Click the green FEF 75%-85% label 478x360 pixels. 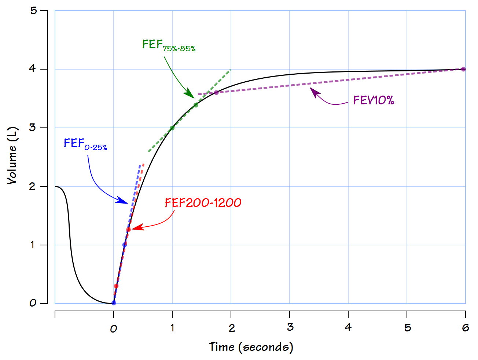tap(169, 45)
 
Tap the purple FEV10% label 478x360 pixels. tap(373, 100)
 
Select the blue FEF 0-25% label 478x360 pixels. tap(85, 144)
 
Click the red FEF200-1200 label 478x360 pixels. tap(203, 203)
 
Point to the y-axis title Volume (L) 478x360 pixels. tap(12, 156)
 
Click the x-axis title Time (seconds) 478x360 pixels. tap(251, 347)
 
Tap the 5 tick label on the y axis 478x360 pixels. tap(34, 11)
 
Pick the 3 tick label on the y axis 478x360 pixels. tap(33, 128)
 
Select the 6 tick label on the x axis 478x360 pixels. tap(465, 327)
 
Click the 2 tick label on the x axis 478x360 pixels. tap(231, 328)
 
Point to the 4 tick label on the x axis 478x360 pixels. tap(348, 327)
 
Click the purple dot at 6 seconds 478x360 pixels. tap(463, 69)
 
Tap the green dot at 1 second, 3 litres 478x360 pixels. tap(172, 128)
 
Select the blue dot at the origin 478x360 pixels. tap(114, 303)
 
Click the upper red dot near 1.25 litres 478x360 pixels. tap(128, 230)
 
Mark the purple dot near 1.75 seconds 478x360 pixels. tap(216, 93)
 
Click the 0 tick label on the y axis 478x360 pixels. tap(33, 303)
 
